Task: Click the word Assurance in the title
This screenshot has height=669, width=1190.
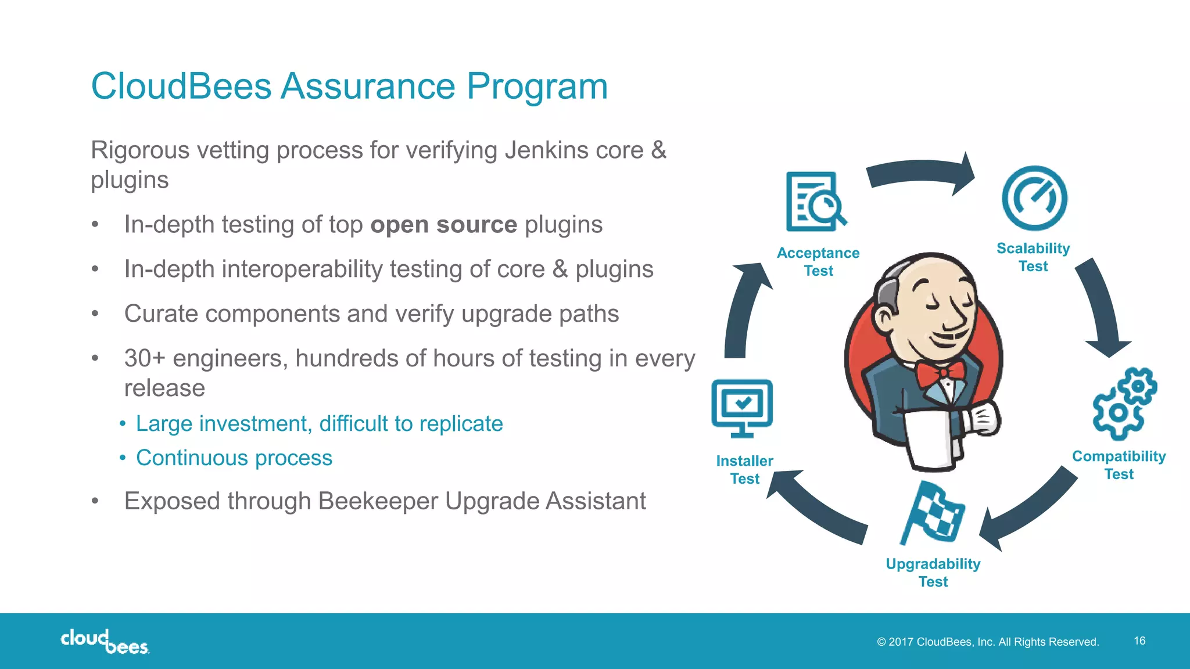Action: pyautogui.click(x=368, y=87)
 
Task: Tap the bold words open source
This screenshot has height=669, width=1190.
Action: pyautogui.click(x=443, y=225)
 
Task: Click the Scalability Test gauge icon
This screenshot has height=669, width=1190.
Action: pyautogui.click(x=1034, y=199)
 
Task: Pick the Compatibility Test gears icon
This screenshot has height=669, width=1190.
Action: pyautogui.click(x=1124, y=404)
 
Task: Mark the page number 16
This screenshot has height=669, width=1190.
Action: pyautogui.click(x=1139, y=641)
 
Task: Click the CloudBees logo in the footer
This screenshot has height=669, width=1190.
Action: pyautogui.click(x=105, y=641)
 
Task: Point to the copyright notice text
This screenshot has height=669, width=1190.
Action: pyautogui.click(x=988, y=642)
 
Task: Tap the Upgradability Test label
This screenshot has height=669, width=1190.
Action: pyautogui.click(x=933, y=573)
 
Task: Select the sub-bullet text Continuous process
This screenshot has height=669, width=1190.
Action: pyautogui.click(x=234, y=458)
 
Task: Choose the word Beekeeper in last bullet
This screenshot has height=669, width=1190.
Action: pyautogui.click(x=378, y=501)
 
